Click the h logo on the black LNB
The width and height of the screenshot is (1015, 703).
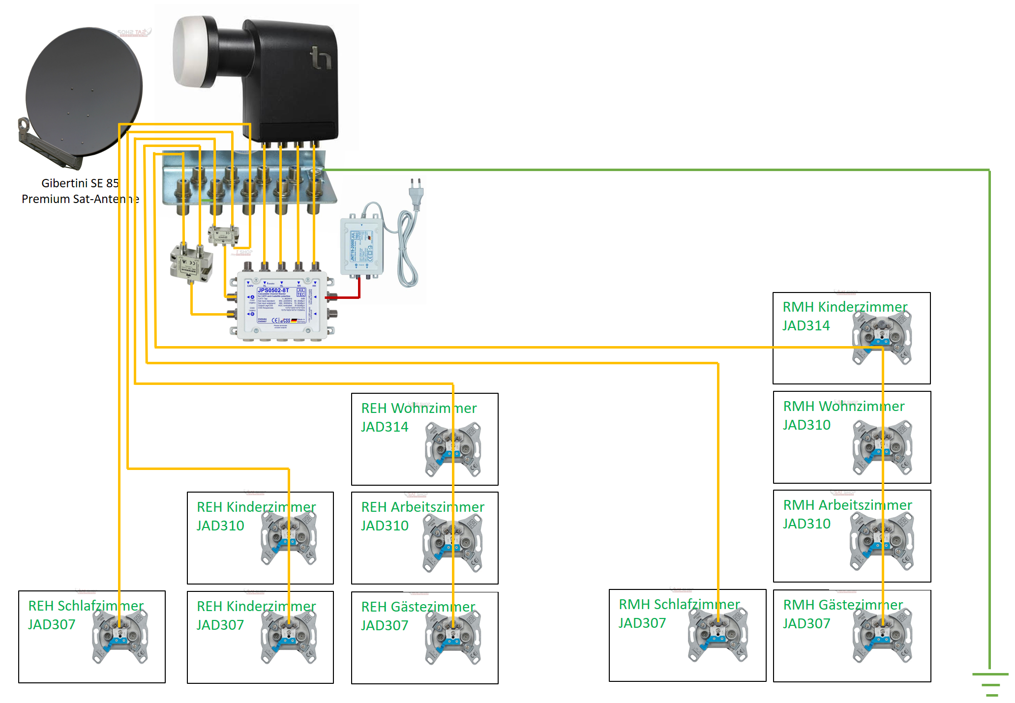321,58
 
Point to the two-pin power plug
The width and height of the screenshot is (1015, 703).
416,192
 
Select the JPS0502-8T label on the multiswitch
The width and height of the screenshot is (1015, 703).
273,291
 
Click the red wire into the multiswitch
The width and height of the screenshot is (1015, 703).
347,297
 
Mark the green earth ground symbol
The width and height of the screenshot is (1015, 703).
990,683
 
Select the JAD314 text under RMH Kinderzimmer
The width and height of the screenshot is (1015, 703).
806,326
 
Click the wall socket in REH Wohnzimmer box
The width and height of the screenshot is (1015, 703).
453,449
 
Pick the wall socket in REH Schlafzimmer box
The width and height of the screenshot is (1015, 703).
120,637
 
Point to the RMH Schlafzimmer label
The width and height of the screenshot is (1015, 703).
679,604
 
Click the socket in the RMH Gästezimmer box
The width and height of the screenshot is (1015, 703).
882,635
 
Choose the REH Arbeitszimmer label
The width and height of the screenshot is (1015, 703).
422,507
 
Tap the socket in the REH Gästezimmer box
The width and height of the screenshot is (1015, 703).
453,637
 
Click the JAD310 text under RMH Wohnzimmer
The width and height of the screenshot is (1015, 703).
806,425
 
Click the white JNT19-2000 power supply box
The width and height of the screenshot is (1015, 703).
361,246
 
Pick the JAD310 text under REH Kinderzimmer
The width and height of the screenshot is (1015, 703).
220,526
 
